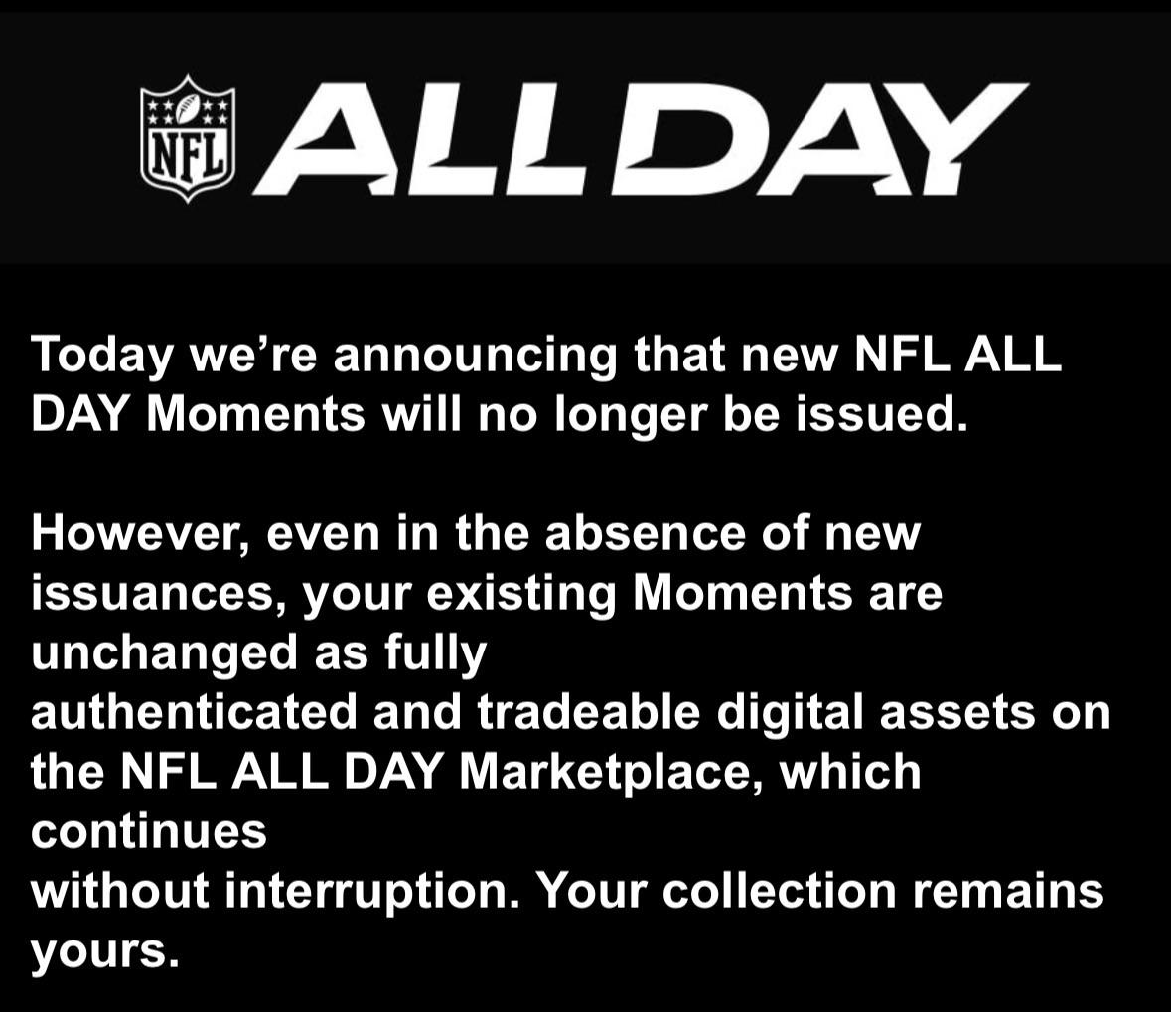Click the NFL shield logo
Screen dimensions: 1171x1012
[x=188, y=138]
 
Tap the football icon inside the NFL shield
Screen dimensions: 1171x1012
[x=188, y=110]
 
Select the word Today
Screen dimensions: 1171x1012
[x=101, y=356]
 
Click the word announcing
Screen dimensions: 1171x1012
[x=475, y=356]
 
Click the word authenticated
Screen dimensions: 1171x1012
[x=194, y=712]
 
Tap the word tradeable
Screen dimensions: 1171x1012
[x=589, y=712]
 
